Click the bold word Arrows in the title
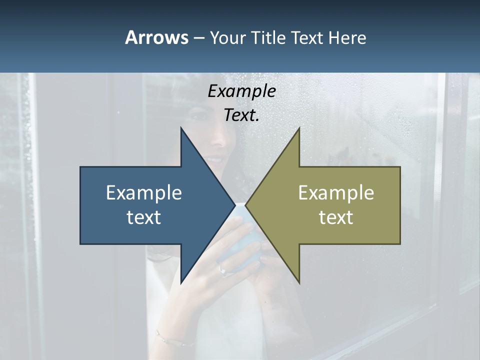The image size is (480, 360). point(156,37)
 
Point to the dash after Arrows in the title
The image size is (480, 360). point(198,38)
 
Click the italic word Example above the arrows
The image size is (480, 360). point(241,91)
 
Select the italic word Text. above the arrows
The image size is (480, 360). point(241,115)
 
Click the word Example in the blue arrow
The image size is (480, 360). point(144,193)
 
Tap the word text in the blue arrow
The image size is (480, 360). point(144,217)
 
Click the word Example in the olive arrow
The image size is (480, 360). point(336,193)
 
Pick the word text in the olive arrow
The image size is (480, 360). point(336,217)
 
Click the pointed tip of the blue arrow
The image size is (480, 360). point(234,205)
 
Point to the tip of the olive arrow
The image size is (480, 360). point(246,205)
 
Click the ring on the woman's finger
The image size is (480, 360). point(223,270)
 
